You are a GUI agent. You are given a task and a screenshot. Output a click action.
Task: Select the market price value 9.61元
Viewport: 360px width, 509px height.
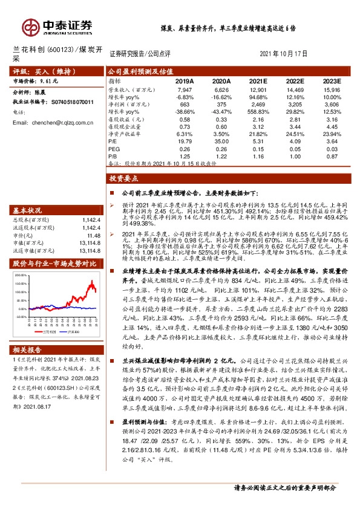tap(49, 80)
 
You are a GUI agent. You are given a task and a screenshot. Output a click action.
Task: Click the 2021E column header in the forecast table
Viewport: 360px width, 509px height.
tap(258, 81)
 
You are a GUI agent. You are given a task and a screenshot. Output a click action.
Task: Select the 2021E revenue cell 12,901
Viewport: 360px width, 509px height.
tap(258, 90)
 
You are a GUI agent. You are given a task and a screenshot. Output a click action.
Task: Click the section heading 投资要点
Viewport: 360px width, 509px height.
tap(124, 179)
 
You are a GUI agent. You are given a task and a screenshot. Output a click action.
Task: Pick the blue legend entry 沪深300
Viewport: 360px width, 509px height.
tap(76, 332)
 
